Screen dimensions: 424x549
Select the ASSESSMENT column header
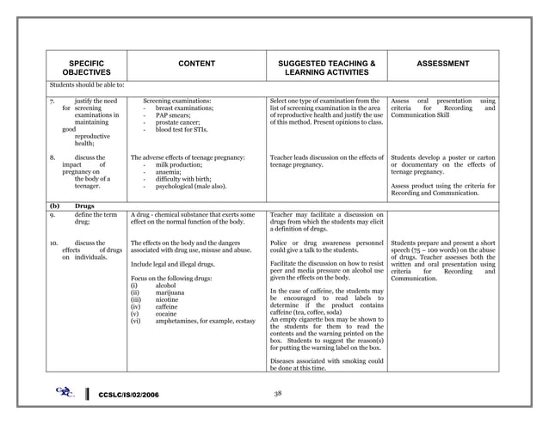(x=443, y=64)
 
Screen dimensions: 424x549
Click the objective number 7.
(x=52, y=101)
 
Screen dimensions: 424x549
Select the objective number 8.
(x=52, y=157)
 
